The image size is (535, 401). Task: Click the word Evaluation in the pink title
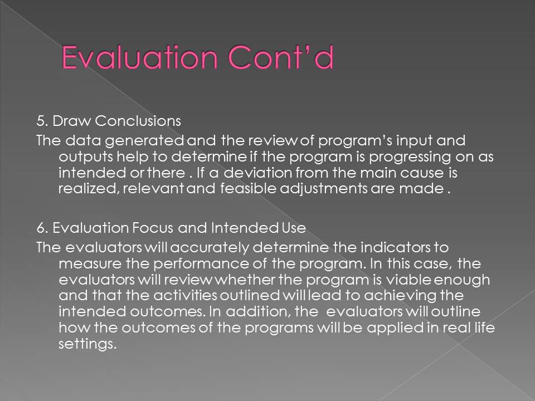[x=139, y=57]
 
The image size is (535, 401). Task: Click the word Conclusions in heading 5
[x=138, y=121]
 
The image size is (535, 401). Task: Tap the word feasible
[x=247, y=188]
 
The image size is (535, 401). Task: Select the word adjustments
[x=323, y=189]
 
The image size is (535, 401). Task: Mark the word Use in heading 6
[x=294, y=228]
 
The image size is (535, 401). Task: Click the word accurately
[x=210, y=248]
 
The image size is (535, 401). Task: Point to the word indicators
[x=396, y=247]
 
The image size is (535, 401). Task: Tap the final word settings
[x=87, y=344]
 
